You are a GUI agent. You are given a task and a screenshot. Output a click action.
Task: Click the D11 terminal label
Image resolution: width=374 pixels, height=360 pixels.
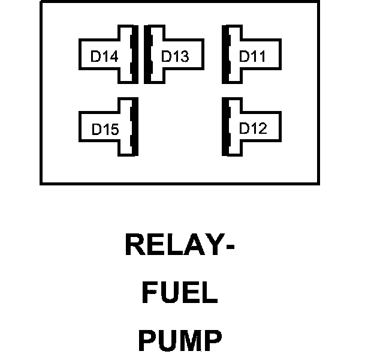(252, 56)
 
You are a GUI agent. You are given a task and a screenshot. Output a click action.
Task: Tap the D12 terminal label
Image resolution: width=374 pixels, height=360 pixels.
(252, 128)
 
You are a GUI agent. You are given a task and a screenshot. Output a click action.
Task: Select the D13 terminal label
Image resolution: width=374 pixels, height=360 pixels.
(175, 56)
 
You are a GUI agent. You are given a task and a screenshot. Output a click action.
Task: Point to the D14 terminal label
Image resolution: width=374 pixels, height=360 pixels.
(104, 57)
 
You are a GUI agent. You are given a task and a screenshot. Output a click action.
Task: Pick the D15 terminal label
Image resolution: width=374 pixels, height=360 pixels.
(105, 129)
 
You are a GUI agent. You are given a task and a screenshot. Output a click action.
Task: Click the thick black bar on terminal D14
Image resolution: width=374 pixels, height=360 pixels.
(135, 55)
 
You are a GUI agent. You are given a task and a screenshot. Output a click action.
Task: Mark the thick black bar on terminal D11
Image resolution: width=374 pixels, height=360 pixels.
(226, 55)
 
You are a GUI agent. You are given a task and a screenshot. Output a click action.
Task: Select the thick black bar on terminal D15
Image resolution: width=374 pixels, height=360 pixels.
(135, 127)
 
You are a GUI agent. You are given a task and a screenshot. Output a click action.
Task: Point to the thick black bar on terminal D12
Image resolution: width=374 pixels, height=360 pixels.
(226, 127)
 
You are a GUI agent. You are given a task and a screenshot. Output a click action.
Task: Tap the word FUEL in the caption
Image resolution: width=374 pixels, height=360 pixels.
(179, 294)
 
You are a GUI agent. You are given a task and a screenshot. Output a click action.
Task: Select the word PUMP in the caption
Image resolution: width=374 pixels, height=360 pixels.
(179, 341)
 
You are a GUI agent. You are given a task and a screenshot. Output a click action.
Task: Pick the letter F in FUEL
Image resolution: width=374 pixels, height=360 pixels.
(149, 294)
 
